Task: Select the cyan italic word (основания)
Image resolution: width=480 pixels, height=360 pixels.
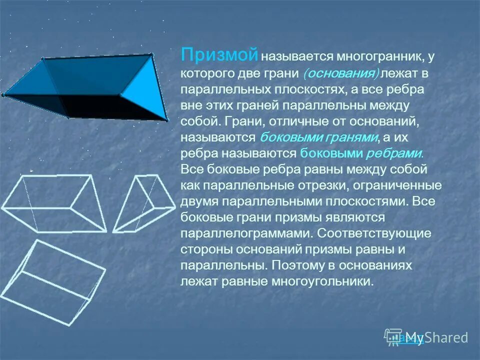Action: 341,73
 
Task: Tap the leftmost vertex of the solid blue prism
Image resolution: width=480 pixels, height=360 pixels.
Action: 3,94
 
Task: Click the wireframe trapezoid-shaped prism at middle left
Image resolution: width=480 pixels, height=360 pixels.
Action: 55,202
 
